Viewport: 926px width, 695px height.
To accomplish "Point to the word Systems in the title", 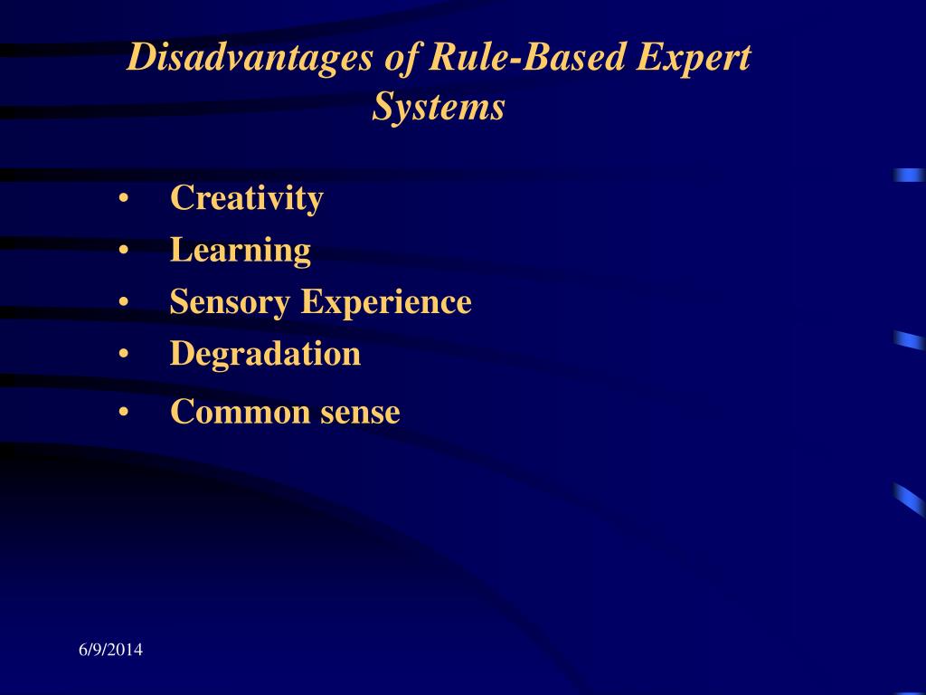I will click(439, 108).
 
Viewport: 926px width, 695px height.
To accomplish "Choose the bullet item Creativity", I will click(246, 198).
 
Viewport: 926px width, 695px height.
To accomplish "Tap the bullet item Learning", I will click(240, 250).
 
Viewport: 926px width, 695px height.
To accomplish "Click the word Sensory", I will click(230, 302).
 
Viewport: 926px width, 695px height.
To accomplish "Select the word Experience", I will click(386, 302).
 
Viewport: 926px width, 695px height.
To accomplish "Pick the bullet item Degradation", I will click(265, 353).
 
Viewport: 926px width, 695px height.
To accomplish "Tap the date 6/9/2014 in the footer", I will click(109, 650).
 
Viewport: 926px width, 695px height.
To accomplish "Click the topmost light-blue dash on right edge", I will click(909, 175).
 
